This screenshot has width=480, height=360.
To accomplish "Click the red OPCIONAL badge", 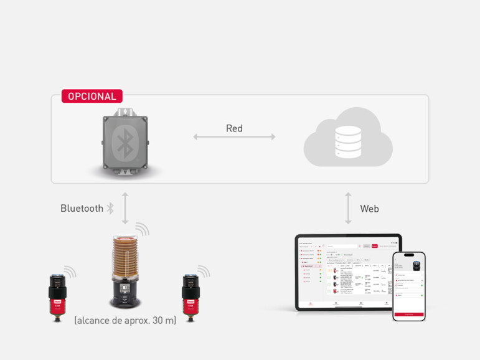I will (92, 97).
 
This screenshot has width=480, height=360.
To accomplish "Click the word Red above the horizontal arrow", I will (234, 128).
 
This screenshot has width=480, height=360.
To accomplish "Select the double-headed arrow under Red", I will (234, 137).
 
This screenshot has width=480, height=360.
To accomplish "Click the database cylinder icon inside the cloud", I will (348, 141).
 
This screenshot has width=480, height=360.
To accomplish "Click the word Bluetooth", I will (82, 209).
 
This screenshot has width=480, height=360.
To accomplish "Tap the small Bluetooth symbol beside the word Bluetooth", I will (110, 209).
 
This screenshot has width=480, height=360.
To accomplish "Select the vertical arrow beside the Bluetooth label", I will (125, 208).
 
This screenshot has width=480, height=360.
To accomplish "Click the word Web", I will (369, 209).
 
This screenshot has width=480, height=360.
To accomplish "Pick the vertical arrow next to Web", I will (348, 208).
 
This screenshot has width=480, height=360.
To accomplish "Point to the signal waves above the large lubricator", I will (143, 229).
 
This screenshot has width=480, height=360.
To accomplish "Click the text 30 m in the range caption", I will (164, 320).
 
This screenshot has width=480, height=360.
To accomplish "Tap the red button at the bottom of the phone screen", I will (408, 314).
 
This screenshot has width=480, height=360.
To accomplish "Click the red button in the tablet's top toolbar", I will (375, 246).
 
